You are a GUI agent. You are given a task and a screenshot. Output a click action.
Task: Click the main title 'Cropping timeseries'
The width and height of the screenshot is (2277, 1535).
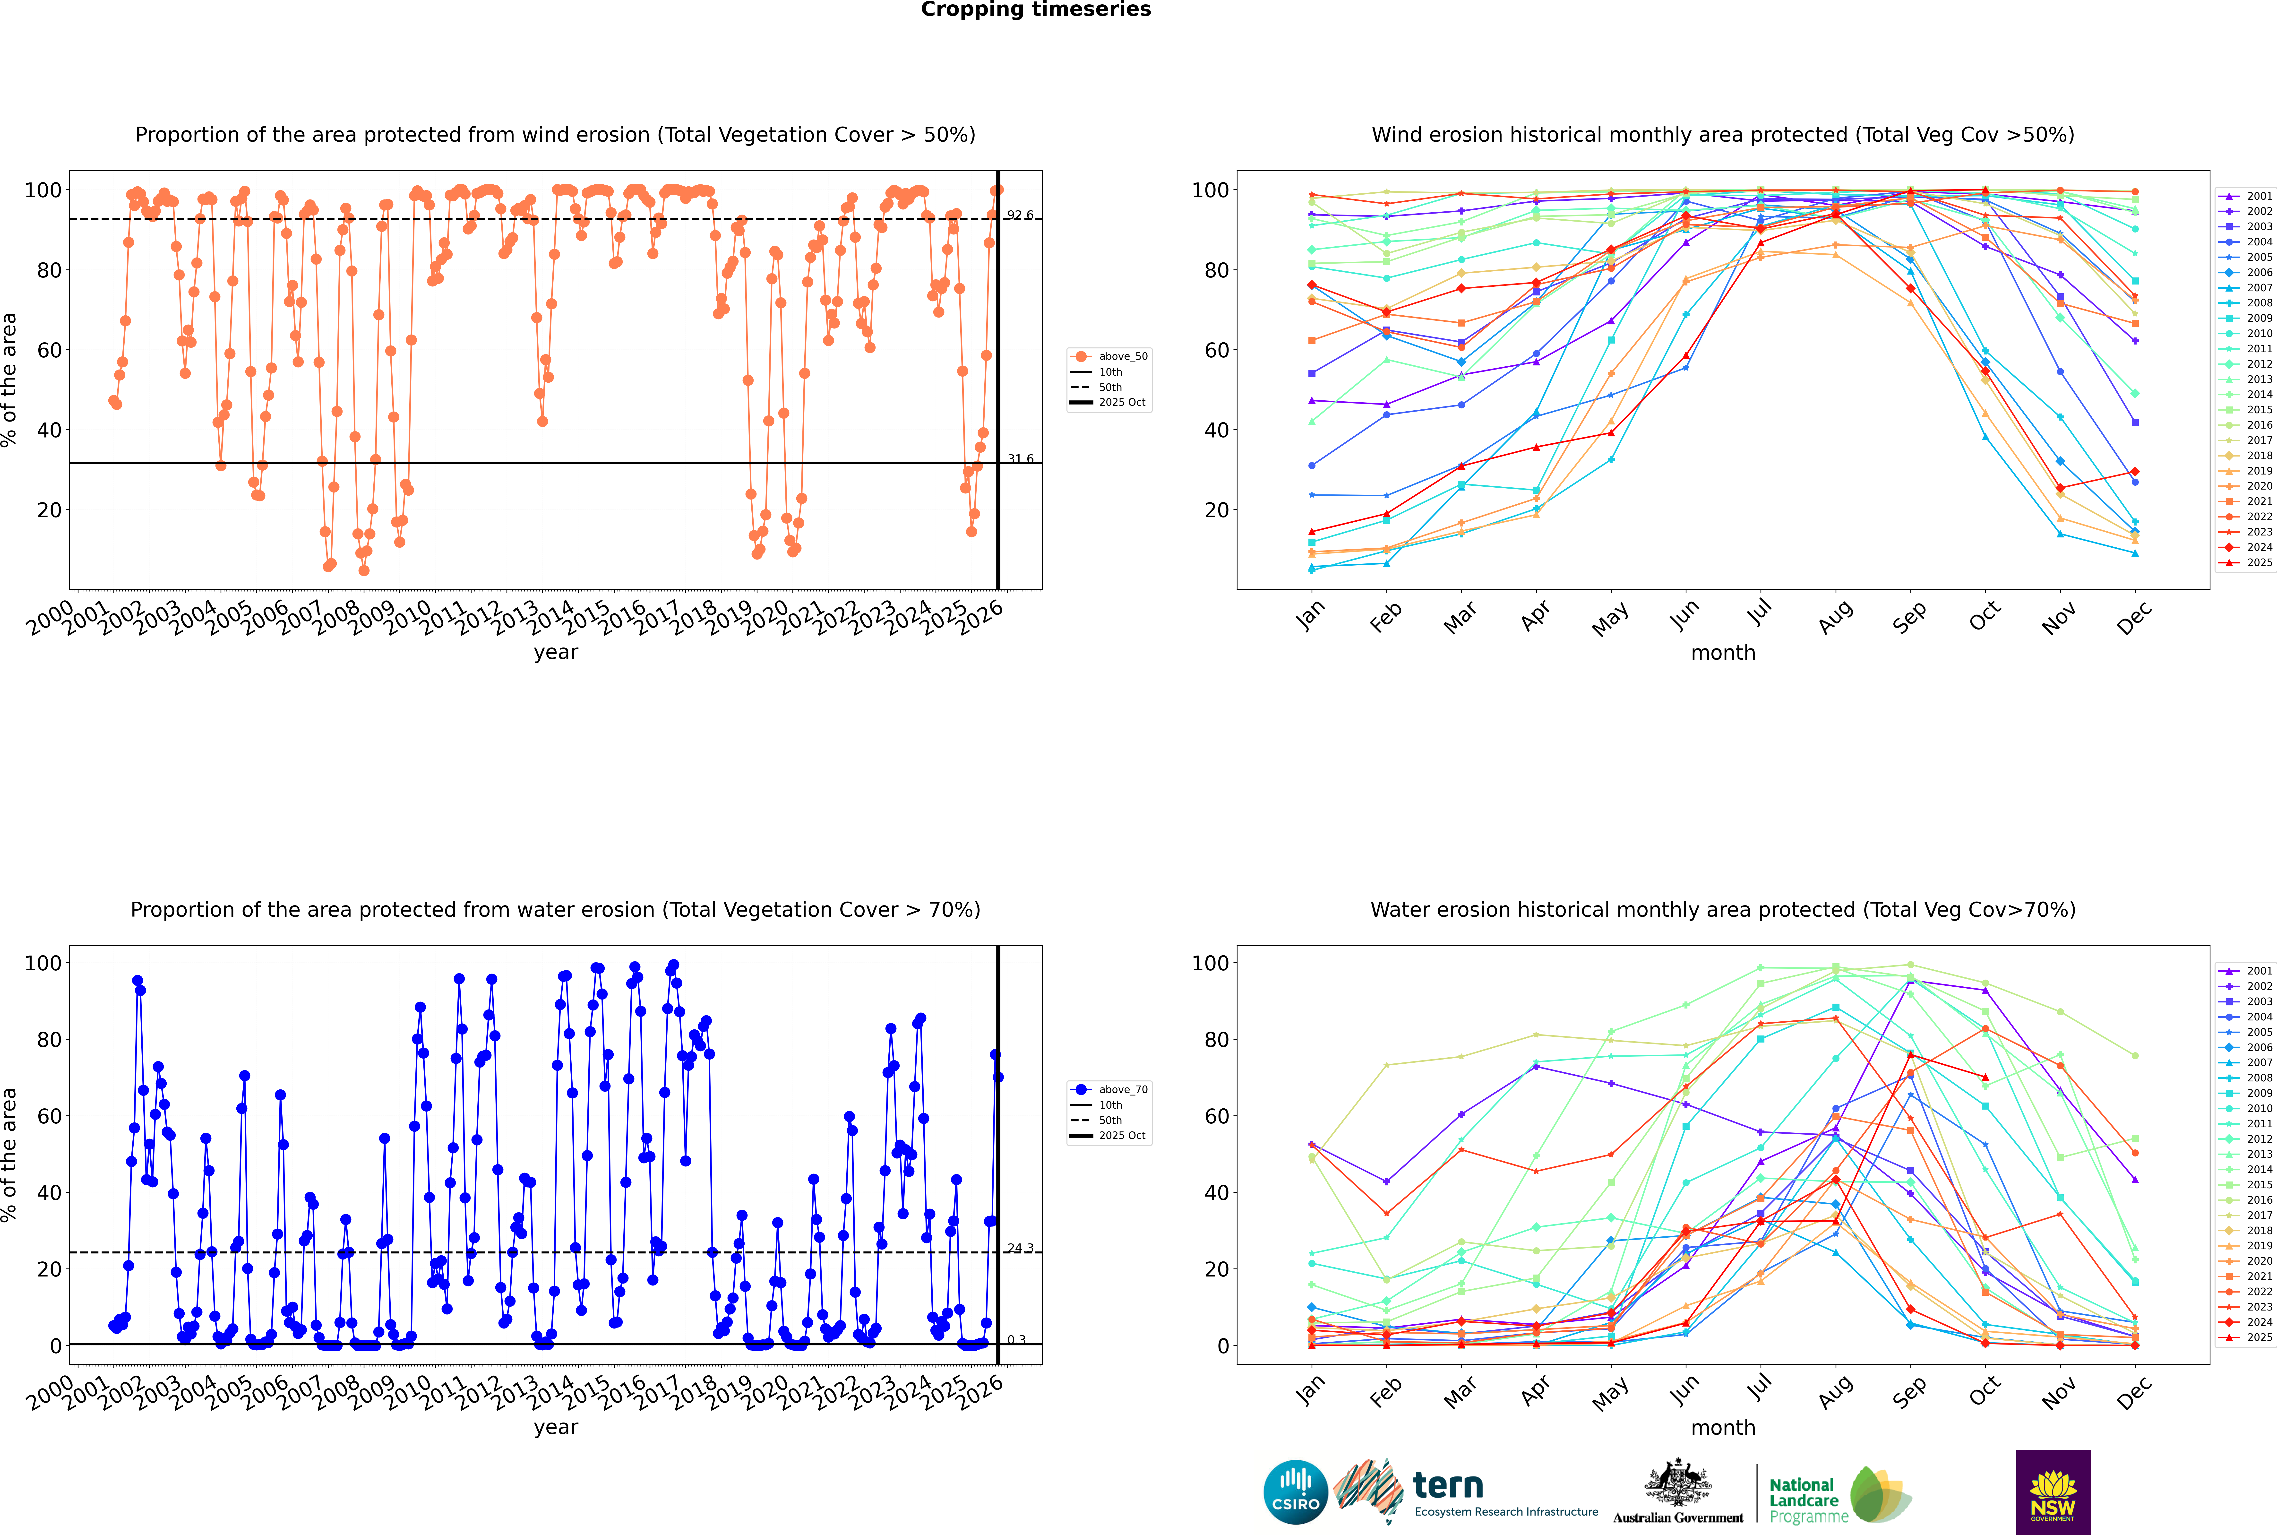pyautogui.click(x=1036, y=10)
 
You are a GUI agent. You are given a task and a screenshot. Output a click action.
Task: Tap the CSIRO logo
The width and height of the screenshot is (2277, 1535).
pyautogui.click(x=1295, y=1492)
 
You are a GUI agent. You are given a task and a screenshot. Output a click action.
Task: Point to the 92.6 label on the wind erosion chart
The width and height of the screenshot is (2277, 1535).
pyautogui.click(x=1020, y=215)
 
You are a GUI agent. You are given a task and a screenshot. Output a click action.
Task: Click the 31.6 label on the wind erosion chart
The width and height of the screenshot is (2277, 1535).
pyautogui.click(x=1020, y=459)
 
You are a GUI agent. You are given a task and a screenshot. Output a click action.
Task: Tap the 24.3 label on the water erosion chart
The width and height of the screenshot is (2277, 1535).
pyautogui.click(x=1020, y=1248)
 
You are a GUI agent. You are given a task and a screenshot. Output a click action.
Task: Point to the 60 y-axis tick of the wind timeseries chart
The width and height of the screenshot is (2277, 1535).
pyautogui.click(x=49, y=351)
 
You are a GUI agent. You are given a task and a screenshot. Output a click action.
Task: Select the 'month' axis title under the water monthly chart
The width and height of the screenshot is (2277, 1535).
pyautogui.click(x=1723, y=1427)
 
